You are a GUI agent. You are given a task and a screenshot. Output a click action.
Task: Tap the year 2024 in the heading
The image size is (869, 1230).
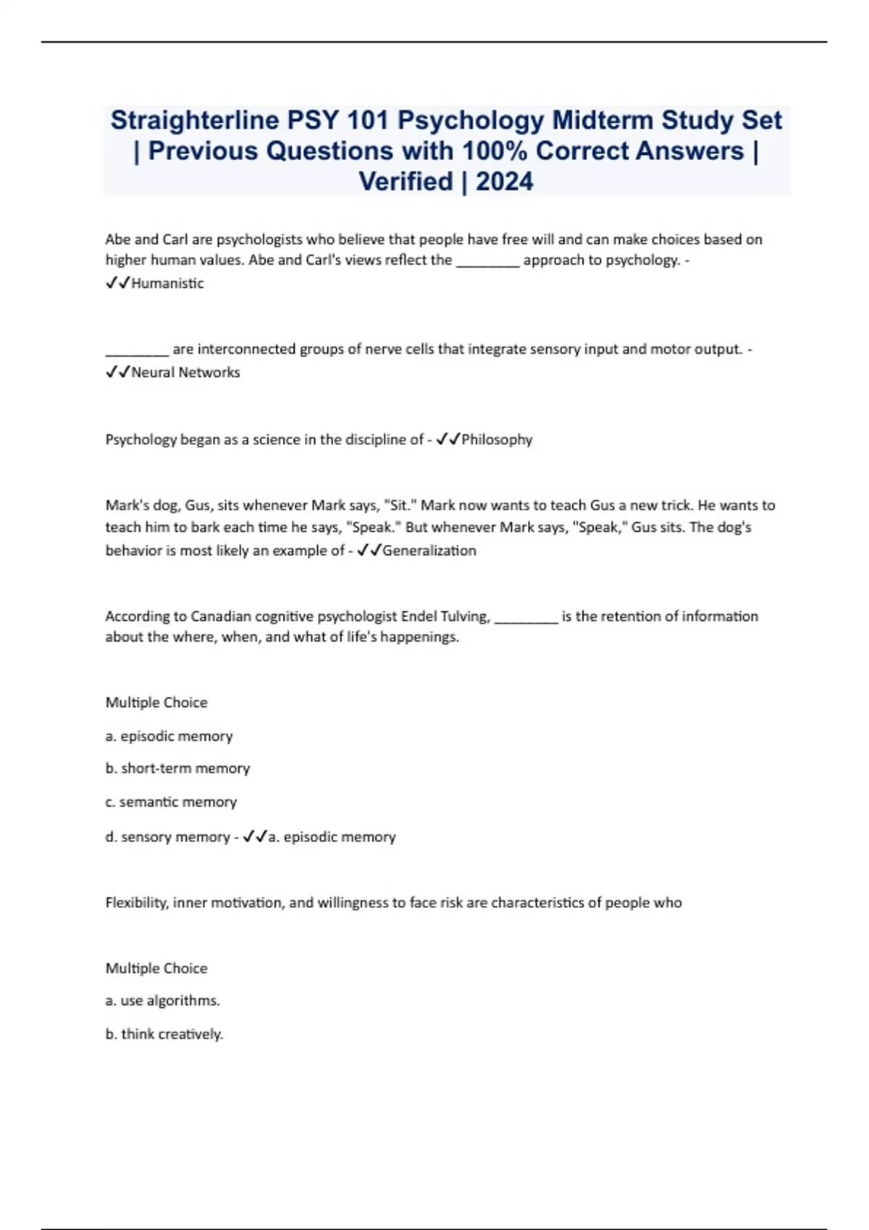point(504,181)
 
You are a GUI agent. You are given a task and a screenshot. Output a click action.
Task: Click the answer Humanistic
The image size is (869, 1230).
point(167,284)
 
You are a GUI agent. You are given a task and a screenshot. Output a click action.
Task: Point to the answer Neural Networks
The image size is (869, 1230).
point(185,373)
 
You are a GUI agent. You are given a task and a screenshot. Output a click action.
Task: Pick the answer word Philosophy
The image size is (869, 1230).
point(497,440)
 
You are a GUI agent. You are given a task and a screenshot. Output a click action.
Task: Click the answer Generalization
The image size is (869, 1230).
point(429,551)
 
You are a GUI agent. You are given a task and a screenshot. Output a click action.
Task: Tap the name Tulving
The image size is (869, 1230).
point(466,616)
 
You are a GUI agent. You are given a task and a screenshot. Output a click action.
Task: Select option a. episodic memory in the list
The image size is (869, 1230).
point(169,737)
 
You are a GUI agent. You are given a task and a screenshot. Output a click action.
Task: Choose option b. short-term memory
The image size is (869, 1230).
point(177,768)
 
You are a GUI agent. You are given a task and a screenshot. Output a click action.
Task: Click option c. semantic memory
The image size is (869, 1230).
point(171,802)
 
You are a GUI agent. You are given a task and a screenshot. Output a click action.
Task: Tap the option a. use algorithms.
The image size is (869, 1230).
point(163,1001)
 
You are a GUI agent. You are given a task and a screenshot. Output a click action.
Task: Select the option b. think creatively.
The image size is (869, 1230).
point(164,1035)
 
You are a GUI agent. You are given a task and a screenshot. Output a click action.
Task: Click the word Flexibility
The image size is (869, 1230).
point(136,903)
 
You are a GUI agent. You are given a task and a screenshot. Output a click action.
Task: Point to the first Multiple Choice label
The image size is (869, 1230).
point(156,703)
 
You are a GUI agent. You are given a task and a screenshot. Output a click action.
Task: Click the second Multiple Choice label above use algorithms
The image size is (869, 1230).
point(156,969)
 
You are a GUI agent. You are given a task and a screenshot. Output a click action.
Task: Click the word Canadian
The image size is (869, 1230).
point(220,616)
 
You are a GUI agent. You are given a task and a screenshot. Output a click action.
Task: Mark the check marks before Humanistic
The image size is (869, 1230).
point(117,284)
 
